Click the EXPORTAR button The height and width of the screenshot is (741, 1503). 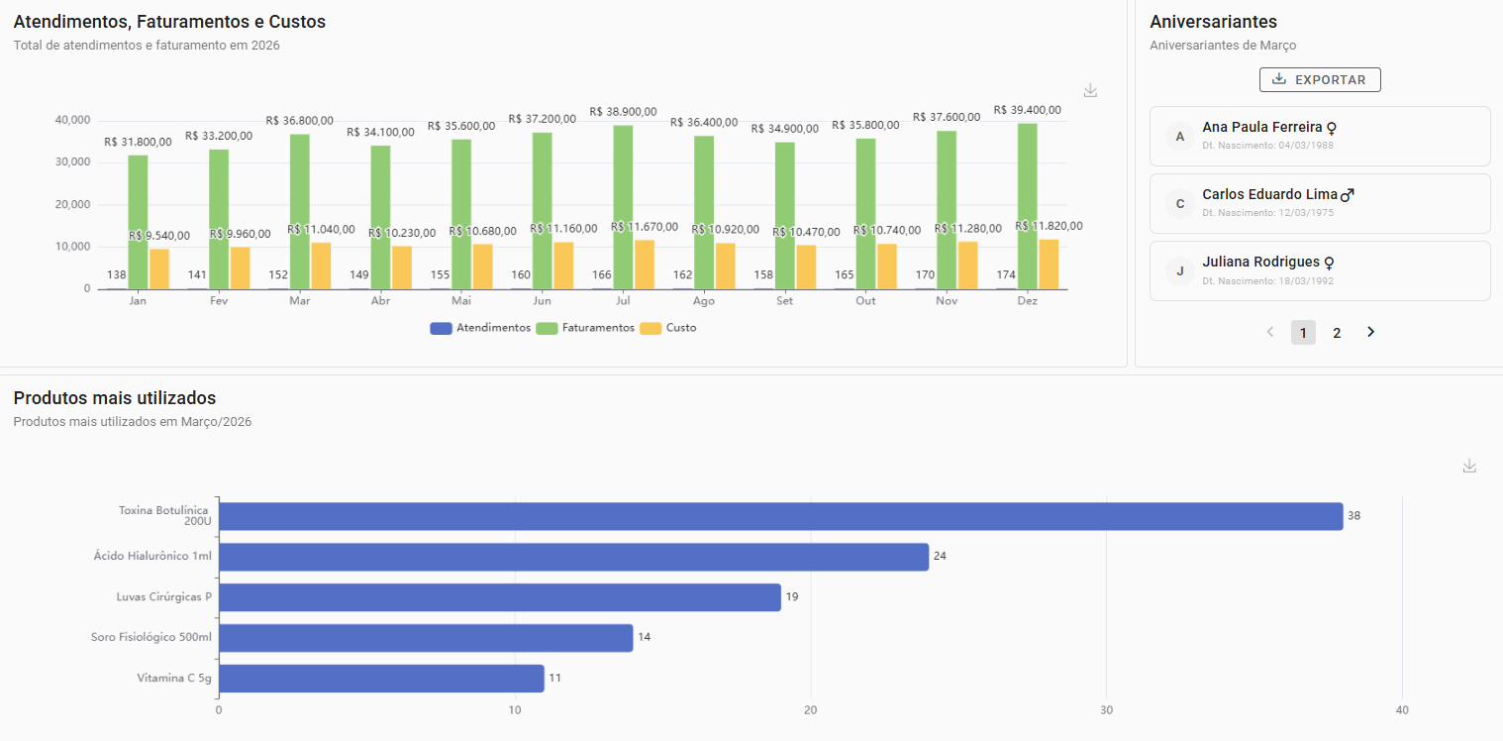point(1319,80)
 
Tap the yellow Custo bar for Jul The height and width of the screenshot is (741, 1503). point(645,264)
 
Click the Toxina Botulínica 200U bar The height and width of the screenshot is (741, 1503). point(780,516)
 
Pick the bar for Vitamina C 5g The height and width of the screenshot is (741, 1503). point(381,679)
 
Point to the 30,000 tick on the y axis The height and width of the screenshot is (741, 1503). point(73,162)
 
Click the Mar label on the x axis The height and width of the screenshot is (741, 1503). point(300,301)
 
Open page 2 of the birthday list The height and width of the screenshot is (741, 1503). point(1337,333)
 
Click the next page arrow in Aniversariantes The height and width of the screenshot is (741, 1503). point(1370,333)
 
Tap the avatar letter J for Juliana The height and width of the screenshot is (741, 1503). point(1179,270)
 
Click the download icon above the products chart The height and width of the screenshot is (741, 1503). point(1469,466)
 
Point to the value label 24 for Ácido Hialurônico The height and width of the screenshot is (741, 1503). point(940,557)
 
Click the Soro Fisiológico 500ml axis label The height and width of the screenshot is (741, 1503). point(151,637)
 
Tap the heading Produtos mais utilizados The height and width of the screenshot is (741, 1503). point(115,398)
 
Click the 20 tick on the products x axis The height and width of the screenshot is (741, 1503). point(810,711)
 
